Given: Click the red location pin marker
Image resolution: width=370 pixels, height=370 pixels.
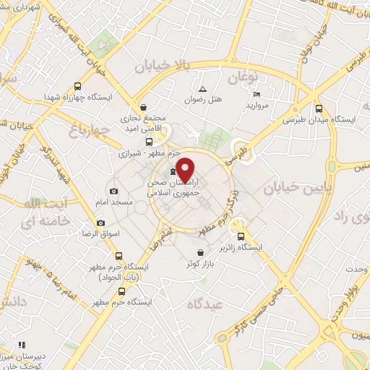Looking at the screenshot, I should (x=186, y=170).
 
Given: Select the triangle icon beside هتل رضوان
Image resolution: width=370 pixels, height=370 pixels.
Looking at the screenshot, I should (x=202, y=89).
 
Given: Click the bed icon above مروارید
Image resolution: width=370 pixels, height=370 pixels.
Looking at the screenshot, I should (x=257, y=93).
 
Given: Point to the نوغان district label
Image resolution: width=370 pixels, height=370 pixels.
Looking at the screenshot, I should (x=242, y=77).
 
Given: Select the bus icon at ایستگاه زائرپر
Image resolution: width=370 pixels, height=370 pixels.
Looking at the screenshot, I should (x=241, y=235).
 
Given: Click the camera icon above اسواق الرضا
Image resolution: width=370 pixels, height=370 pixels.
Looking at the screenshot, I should (x=100, y=223).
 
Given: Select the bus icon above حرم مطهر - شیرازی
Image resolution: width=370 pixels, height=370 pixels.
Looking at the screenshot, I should (x=149, y=142).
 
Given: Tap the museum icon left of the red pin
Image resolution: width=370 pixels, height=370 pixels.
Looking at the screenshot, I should (x=172, y=171).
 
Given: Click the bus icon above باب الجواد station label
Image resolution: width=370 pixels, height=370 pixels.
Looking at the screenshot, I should (x=119, y=255).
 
